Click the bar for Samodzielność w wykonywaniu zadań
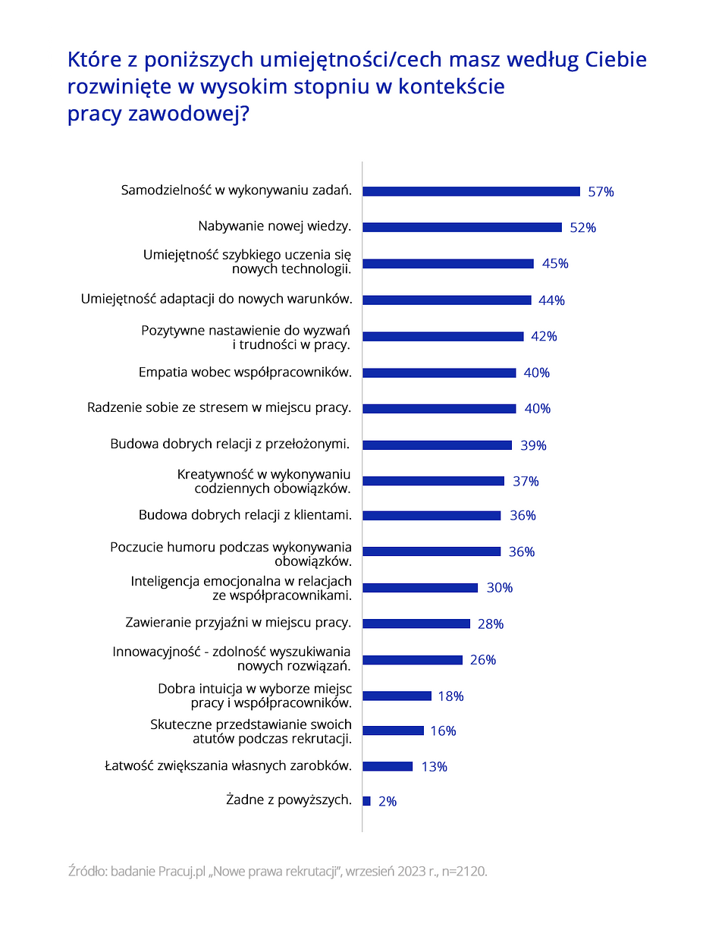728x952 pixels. coord(471,191)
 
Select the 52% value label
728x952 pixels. coord(582,228)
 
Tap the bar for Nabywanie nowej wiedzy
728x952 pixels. coord(462,228)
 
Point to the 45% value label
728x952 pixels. coord(555,263)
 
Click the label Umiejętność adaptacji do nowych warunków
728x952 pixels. coord(217,299)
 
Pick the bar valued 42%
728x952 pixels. coord(443,336)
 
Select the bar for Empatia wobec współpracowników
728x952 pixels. coord(439,372)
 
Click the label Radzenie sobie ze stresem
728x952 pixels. coord(219,407)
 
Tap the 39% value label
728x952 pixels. coord(533,445)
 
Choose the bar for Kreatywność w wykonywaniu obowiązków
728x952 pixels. coord(433,481)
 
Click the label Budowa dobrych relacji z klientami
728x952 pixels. coord(245,515)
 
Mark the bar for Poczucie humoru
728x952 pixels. coord(431,551)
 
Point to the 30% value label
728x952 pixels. coord(499,588)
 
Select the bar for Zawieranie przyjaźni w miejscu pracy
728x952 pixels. coord(416,624)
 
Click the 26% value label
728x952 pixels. coord(482,660)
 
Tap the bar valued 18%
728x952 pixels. coord(397,696)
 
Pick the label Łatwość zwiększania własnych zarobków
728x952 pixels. coord(228,765)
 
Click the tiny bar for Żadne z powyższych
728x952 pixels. coord(366,801)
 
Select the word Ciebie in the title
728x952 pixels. coord(615,59)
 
